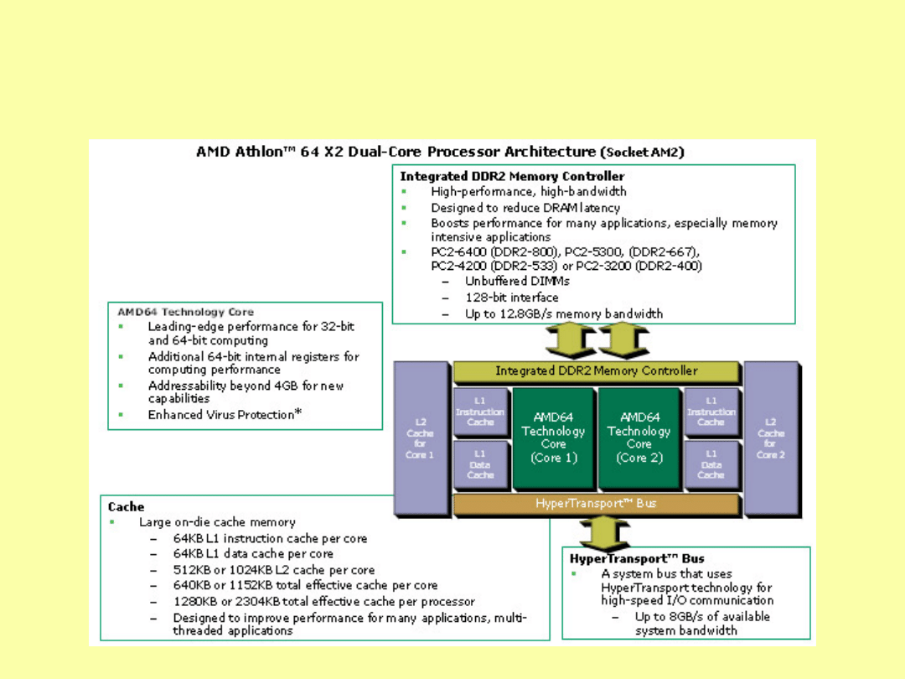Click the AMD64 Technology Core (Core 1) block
(553, 438)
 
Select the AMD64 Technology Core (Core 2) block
(639, 438)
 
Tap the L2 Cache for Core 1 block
(421, 438)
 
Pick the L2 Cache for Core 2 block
(770, 438)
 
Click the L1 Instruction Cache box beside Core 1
(480, 412)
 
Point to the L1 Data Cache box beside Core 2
(711, 464)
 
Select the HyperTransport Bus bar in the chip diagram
(596, 504)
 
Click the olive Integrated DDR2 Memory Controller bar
(596, 371)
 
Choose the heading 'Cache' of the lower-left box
(126, 506)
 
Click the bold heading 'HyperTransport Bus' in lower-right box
(637, 558)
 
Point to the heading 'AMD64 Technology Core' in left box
(185, 312)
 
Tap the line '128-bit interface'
(511, 298)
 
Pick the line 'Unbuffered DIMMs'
(517, 282)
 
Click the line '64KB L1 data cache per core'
(253, 554)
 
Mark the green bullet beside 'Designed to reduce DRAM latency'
(405, 208)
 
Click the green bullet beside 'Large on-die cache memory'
(113, 522)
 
